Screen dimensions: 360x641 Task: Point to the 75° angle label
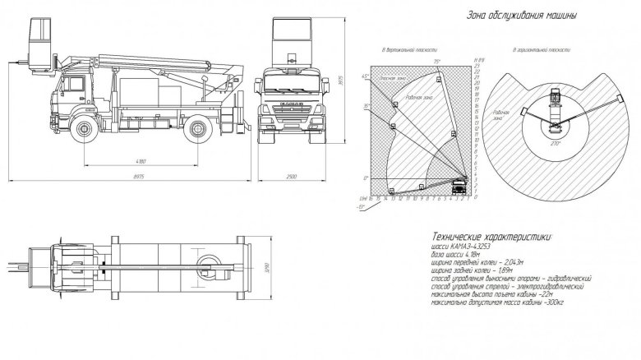click(437, 61)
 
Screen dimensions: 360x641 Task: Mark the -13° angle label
click(363, 208)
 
